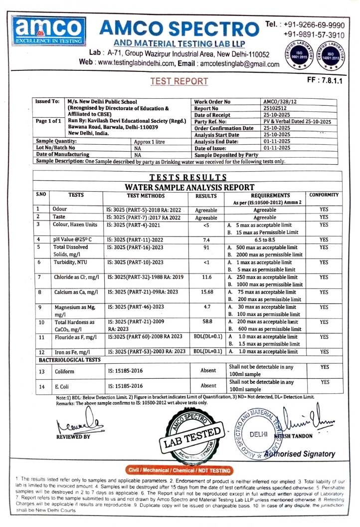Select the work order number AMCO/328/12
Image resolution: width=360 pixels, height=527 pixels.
pyautogui.click(x=282, y=101)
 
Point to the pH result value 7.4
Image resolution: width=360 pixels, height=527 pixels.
pyautogui.click(x=205, y=240)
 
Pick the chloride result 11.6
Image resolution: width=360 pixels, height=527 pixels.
pyautogui.click(x=205, y=277)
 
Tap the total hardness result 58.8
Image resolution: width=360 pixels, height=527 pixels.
pyautogui.click(x=205, y=322)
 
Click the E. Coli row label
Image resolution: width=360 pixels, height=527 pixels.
pyautogui.click(x=61, y=386)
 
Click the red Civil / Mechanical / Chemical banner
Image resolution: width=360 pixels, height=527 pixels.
pyautogui.click(x=179, y=470)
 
